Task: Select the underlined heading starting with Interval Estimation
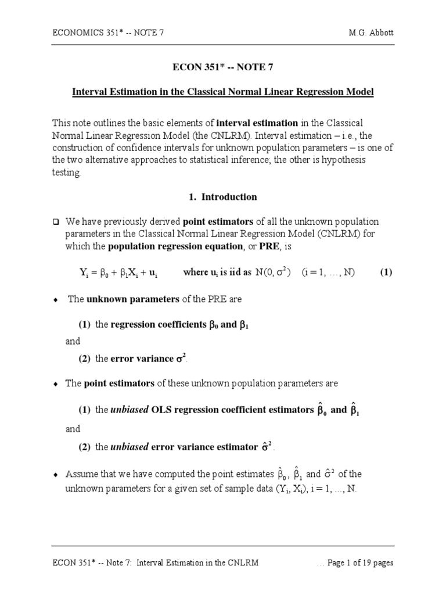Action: pos(223,92)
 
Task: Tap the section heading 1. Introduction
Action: pos(223,197)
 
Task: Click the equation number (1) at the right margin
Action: pos(387,273)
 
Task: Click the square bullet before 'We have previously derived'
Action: pos(56,222)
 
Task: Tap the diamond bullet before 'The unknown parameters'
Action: pos(56,300)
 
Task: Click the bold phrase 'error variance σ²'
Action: pos(145,359)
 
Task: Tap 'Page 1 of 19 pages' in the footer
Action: pos(361,563)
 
